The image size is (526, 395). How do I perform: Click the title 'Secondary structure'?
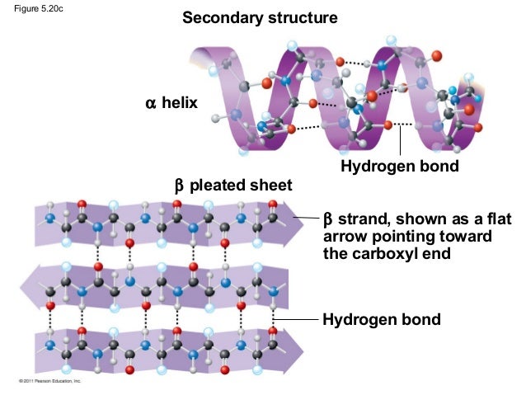coord(260,17)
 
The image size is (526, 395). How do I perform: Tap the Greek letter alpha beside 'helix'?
coord(150,104)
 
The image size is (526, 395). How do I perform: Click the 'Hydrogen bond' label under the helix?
coord(399,168)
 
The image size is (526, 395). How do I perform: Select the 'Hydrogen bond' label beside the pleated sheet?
coord(381,319)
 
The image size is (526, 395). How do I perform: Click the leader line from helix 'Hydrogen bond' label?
coord(400,140)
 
